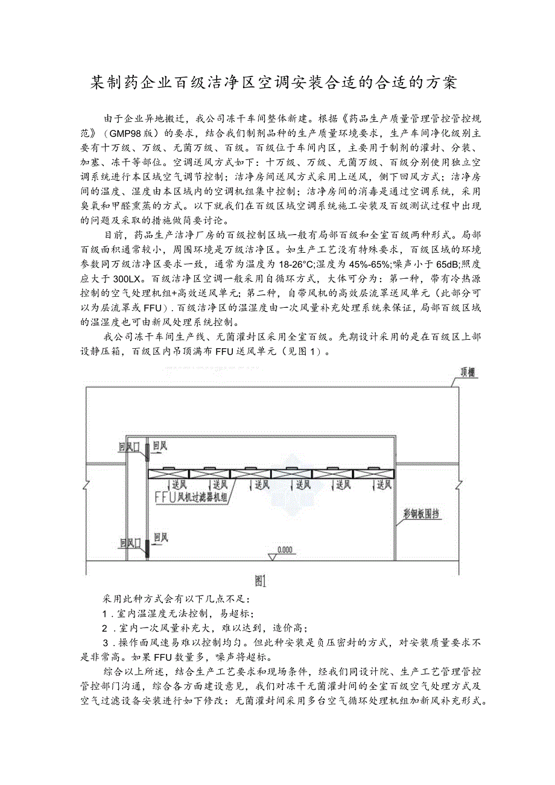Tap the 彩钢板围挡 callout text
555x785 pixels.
pyautogui.click(x=421, y=515)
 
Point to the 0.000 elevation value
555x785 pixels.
pyautogui.click(x=284, y=550)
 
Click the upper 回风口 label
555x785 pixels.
pyautogui.click(x=129, y=447)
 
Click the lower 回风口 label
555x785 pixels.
pyautogui.click(x=129, y=543)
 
